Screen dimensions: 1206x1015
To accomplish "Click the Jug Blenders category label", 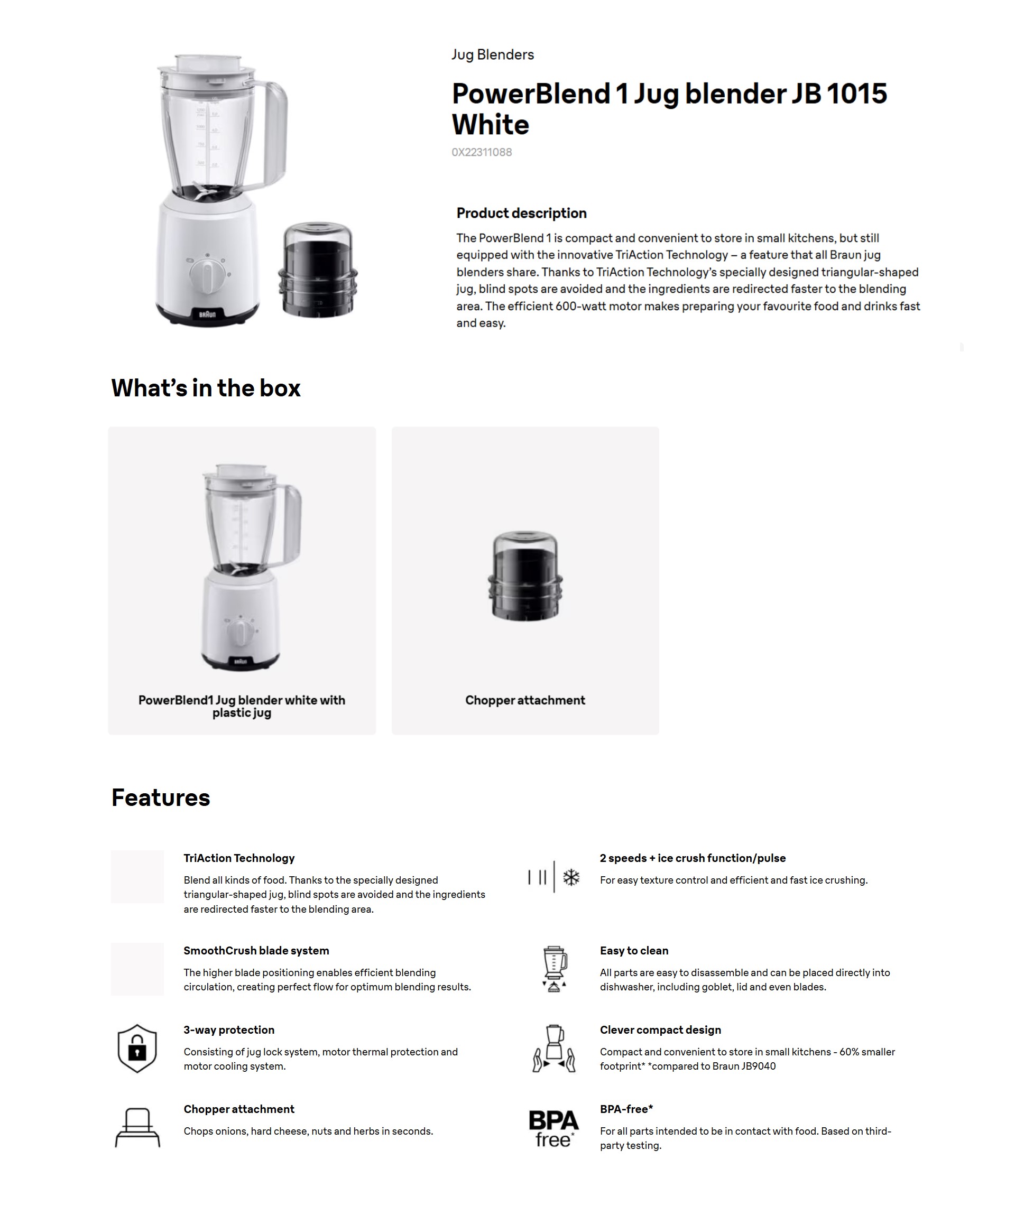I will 492,54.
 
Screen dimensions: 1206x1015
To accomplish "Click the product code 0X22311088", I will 481,152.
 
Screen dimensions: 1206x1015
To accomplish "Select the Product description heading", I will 521,214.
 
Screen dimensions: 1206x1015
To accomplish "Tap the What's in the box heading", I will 206,388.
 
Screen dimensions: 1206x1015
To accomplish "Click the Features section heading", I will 161,797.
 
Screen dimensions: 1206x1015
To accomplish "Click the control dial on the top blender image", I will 208,275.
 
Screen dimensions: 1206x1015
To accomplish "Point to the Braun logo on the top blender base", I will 207,314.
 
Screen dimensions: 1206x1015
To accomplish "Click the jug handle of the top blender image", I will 274,135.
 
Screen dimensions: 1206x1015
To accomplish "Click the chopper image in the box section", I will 525,576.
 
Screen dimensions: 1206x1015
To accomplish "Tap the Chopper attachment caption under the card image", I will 525,700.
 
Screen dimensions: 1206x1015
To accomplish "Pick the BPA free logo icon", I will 553,1128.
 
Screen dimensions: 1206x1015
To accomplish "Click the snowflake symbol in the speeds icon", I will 571,878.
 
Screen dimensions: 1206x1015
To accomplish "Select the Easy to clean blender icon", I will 554,969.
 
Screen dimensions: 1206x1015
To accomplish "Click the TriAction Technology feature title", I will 239,858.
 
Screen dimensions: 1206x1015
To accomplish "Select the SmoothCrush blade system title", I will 256,951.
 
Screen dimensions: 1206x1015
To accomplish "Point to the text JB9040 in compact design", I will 759,1066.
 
